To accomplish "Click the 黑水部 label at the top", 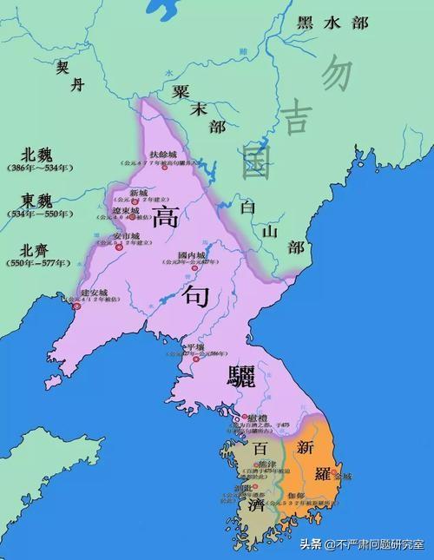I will (331, 23).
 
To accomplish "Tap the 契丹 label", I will (69, 76).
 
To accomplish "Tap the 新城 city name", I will (140, 192).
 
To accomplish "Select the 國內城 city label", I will (190, 254).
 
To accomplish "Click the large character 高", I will (166, 216).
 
